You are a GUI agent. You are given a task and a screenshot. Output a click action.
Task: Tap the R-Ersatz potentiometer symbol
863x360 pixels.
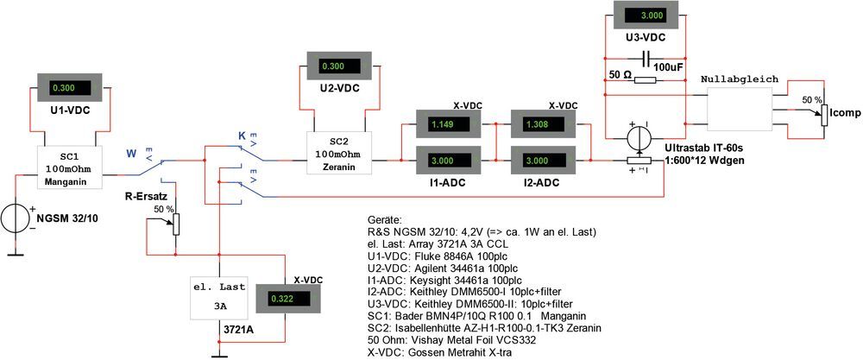[x=177, y=223]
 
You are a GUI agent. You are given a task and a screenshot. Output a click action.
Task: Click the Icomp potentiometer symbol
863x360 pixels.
[x=823, y=112]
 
